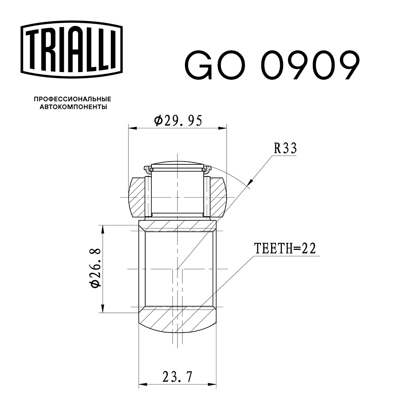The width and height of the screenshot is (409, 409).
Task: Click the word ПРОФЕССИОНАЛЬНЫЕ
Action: coord(72,99)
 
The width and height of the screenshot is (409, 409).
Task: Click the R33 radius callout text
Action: coord(285,148)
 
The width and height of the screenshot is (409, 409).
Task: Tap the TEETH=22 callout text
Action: coord(285,248)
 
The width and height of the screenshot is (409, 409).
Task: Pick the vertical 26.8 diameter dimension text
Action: coord(95,268)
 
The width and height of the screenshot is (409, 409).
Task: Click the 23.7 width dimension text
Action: coord(178,376)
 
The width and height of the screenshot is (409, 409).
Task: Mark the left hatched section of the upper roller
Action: coord(138,196)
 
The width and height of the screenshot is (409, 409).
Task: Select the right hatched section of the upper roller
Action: coord(218,196)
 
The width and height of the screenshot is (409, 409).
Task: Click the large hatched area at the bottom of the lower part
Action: coord(178,319)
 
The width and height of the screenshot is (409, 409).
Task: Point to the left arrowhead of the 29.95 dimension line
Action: coord(132,128)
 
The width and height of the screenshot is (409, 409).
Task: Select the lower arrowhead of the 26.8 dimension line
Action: coord(103,309)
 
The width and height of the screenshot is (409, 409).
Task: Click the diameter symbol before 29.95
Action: coord(158,120)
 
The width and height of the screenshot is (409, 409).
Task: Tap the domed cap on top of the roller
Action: coord(178,162)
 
